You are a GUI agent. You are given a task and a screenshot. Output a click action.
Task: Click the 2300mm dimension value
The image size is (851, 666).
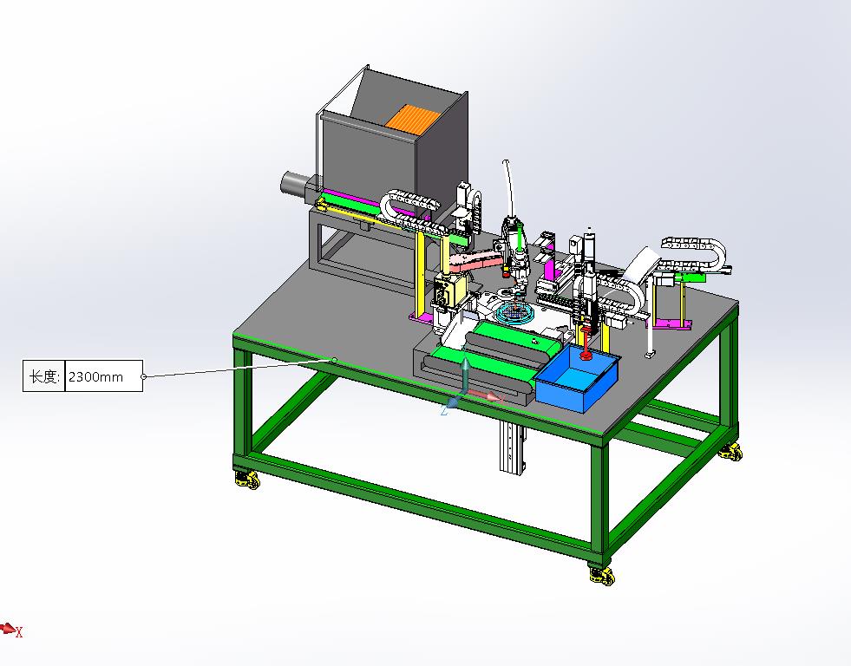[95, 376]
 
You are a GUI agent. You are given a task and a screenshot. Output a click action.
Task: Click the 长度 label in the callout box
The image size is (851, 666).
[43, 376]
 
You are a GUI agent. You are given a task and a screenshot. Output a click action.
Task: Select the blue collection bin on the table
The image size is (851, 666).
[577, 379]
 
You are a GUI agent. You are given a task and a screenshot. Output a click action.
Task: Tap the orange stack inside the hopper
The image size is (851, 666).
[412, 117]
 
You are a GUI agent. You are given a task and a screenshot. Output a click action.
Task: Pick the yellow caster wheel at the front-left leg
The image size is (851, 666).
[247, 480]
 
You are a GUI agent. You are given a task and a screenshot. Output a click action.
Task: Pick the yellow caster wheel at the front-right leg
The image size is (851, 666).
[602, 576]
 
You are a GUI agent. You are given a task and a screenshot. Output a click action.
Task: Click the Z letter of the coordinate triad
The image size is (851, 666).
[444, 411]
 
